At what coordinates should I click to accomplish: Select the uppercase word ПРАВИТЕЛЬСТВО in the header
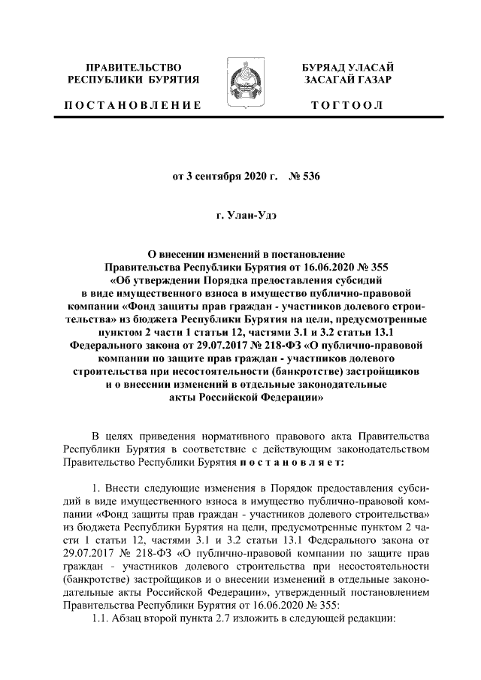(x=133, y=68)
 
